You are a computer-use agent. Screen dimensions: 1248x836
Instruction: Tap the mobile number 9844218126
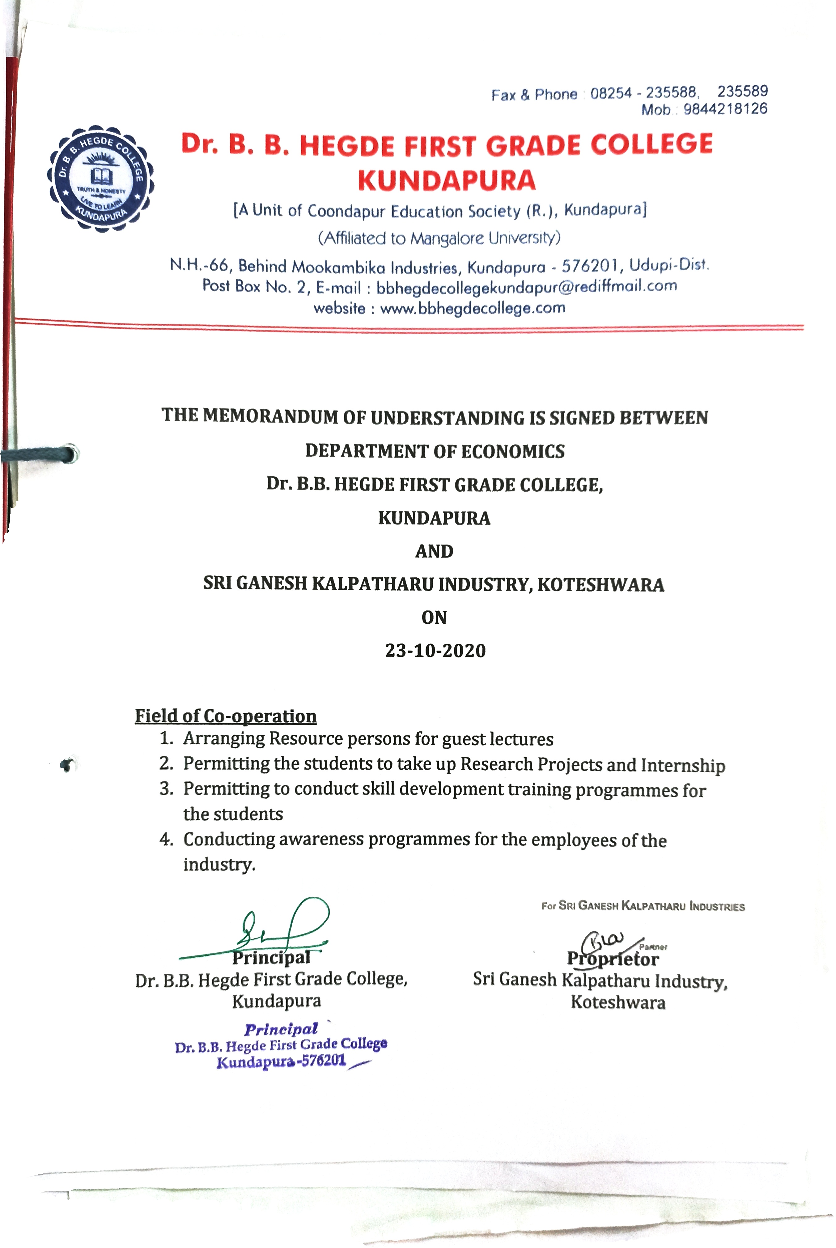point(725,109)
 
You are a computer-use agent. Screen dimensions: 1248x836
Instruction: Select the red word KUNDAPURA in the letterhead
point(447,180)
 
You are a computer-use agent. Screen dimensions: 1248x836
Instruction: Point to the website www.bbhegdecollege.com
point(472,308)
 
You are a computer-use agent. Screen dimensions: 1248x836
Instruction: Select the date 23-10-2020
point(435,651)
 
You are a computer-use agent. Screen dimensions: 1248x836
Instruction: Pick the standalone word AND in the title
point(434,551)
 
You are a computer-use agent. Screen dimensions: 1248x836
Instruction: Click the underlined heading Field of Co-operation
point(226,716)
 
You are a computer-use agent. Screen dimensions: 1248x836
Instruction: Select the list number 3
point(166,789)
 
